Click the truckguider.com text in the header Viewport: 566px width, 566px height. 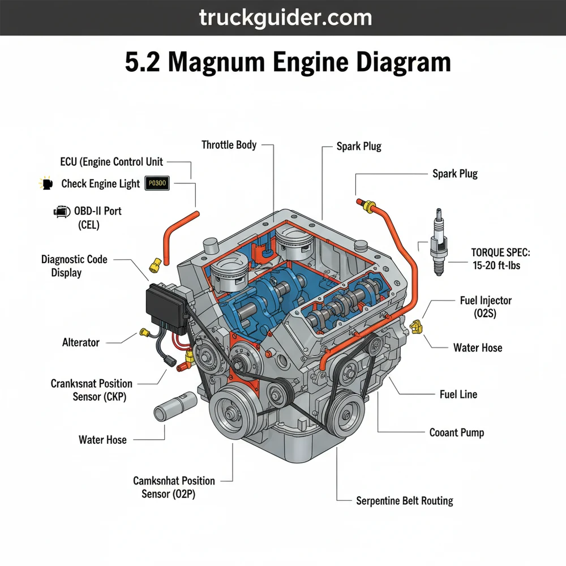[x=285, y=18]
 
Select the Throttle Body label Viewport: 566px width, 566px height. [x=229, y=145]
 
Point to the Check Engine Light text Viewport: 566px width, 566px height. [x=100, y=184]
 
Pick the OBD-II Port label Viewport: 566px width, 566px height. [x=97, y=211]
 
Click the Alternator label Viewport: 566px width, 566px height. [x=80, y=342]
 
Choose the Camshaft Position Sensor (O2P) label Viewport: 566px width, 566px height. [x=174, y=487]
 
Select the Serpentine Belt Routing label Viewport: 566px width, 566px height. [x=404, y=500]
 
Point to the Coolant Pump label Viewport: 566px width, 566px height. [x=457, y=432]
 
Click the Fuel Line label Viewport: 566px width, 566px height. [x=458, y=394]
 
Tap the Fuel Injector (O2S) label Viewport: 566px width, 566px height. [x=478, y=306]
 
